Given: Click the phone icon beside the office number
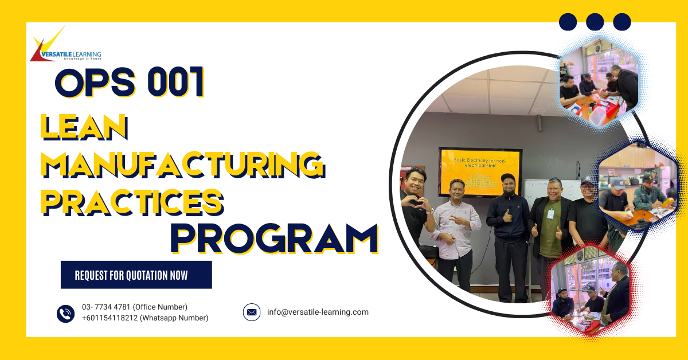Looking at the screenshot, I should tap(66, 313).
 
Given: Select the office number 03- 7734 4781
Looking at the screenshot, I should tap(134, 307).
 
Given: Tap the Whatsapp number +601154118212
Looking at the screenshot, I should tap(145, 318).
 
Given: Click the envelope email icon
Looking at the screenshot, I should tap(252, 312).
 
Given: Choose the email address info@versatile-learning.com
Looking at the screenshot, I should tap(318, 312).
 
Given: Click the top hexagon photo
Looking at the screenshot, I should tap(599, 80).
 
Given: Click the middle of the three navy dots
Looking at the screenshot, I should tap(595, 22).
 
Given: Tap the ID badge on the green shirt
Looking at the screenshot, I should tap(550, 213).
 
